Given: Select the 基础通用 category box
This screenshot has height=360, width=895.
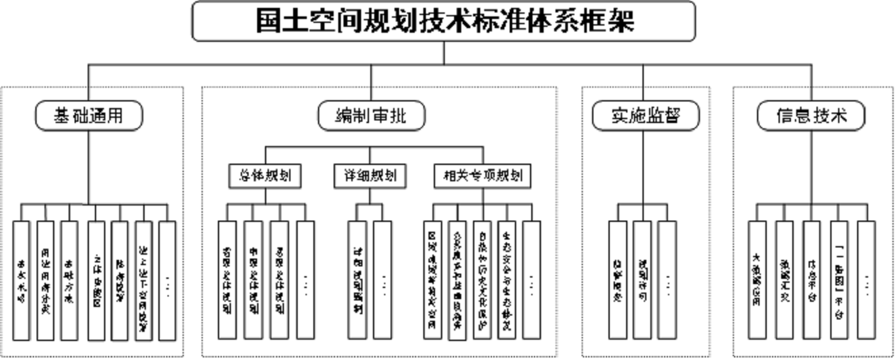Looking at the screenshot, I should [x=88, y=116].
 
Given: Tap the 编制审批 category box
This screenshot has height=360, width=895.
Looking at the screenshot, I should [x=371, y=116].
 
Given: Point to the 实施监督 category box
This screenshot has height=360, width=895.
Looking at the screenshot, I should [x=646, y=116].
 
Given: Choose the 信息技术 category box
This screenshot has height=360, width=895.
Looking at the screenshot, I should [x=811, y=116].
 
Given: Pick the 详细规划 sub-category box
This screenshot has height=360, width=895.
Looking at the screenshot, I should [x=370, y=175].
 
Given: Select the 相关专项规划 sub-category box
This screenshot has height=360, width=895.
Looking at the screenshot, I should [x=483, y=175].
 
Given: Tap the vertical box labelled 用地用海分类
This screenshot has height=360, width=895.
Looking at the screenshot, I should [x=45, y=280].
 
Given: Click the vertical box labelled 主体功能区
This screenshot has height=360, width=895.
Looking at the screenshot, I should [x=96, y=280].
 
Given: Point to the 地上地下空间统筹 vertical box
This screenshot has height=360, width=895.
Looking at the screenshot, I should [x=144, y=280].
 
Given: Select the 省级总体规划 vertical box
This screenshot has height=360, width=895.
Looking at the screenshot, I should [x=227, y=280].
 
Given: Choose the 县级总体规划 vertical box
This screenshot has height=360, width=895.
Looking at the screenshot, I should [x=279, y=280].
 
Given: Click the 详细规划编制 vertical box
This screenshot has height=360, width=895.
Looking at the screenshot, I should [x=357, y=280].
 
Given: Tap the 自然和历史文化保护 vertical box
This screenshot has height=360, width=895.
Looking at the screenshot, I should [x=482, y=280].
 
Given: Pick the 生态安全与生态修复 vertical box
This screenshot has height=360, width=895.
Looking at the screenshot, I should [x=506, y=280].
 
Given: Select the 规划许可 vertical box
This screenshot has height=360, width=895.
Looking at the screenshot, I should [x=642, y=280].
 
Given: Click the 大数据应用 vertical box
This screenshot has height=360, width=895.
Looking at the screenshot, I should [x=757, y=280].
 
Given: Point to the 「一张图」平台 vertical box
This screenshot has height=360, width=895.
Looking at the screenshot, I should [x=839, y=280].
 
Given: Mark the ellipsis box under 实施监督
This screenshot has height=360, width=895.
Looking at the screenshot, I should [x=667, y=280].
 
